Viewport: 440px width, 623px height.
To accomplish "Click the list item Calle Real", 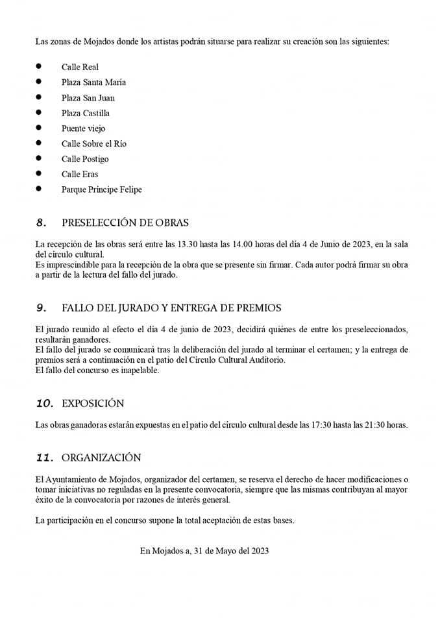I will [x=80, y=67].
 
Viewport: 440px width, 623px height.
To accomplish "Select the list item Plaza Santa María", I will [x=93, y=82].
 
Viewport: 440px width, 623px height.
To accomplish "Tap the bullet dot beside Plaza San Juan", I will [x=39, y=97].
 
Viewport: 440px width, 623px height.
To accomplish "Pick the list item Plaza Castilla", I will [x=86, y=113].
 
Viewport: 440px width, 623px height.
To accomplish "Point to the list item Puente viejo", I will [x=83, y=128].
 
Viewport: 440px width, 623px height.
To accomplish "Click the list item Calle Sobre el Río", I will [x=94, y=143].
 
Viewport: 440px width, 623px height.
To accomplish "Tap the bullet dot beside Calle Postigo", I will [x=39, y=158].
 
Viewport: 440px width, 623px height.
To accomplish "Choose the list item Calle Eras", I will [x=80, y=174].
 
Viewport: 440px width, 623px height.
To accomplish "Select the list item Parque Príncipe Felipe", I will [x=101, y=189].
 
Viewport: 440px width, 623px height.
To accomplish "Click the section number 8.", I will [x=42, y=223].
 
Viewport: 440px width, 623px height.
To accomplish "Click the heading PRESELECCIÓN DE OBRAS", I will [x=125, y=223].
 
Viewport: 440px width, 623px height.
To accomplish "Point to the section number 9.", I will [x=42, y=308].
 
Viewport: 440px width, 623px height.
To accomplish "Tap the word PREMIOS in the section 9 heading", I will [x=261, y=308].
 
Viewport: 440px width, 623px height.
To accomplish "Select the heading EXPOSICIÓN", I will [x=93, y=403].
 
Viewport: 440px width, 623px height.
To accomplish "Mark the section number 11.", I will [x=45, y=458].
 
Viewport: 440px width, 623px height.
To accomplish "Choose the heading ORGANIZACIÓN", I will [x=101, y=458].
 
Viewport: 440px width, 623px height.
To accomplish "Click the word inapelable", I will [x=138, y=371].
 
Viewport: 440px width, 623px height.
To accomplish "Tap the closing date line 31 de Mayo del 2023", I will [x=232, y=551].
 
